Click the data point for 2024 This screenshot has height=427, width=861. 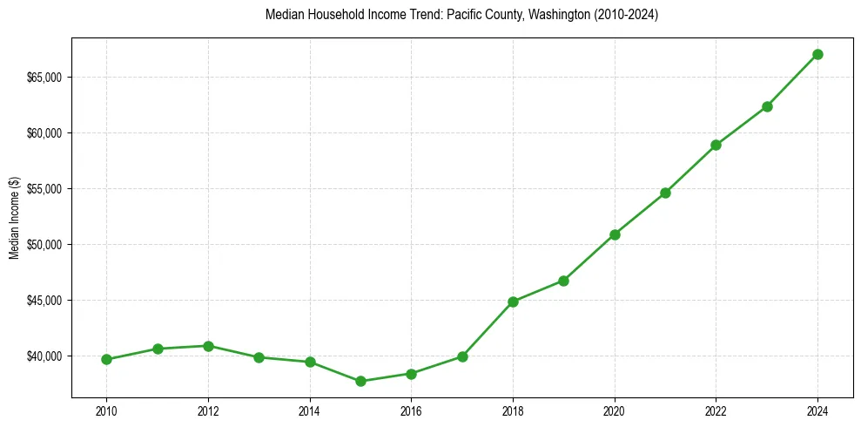click(x=817, y=54)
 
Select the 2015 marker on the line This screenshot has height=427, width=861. click(x=360, y=381)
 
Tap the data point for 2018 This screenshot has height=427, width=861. click(x=513, y=302)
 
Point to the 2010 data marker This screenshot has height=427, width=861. click(x=106, y=359)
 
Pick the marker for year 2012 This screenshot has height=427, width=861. click(x=208, y=346)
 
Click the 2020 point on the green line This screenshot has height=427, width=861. click(x=615, y=234)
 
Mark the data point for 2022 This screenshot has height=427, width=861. click(x=716, y=145)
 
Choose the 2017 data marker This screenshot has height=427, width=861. click(x=462, y=356)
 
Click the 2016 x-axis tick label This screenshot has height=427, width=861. click(x=411, y=410)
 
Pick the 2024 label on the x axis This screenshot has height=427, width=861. click(x=817, y=410)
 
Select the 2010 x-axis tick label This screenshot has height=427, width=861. click(x=106, y=410)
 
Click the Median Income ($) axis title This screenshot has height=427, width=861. click(x=14, y=217)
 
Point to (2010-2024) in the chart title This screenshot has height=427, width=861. click(x=628, y=16)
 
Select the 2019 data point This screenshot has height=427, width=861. click(x=563, y=281)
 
